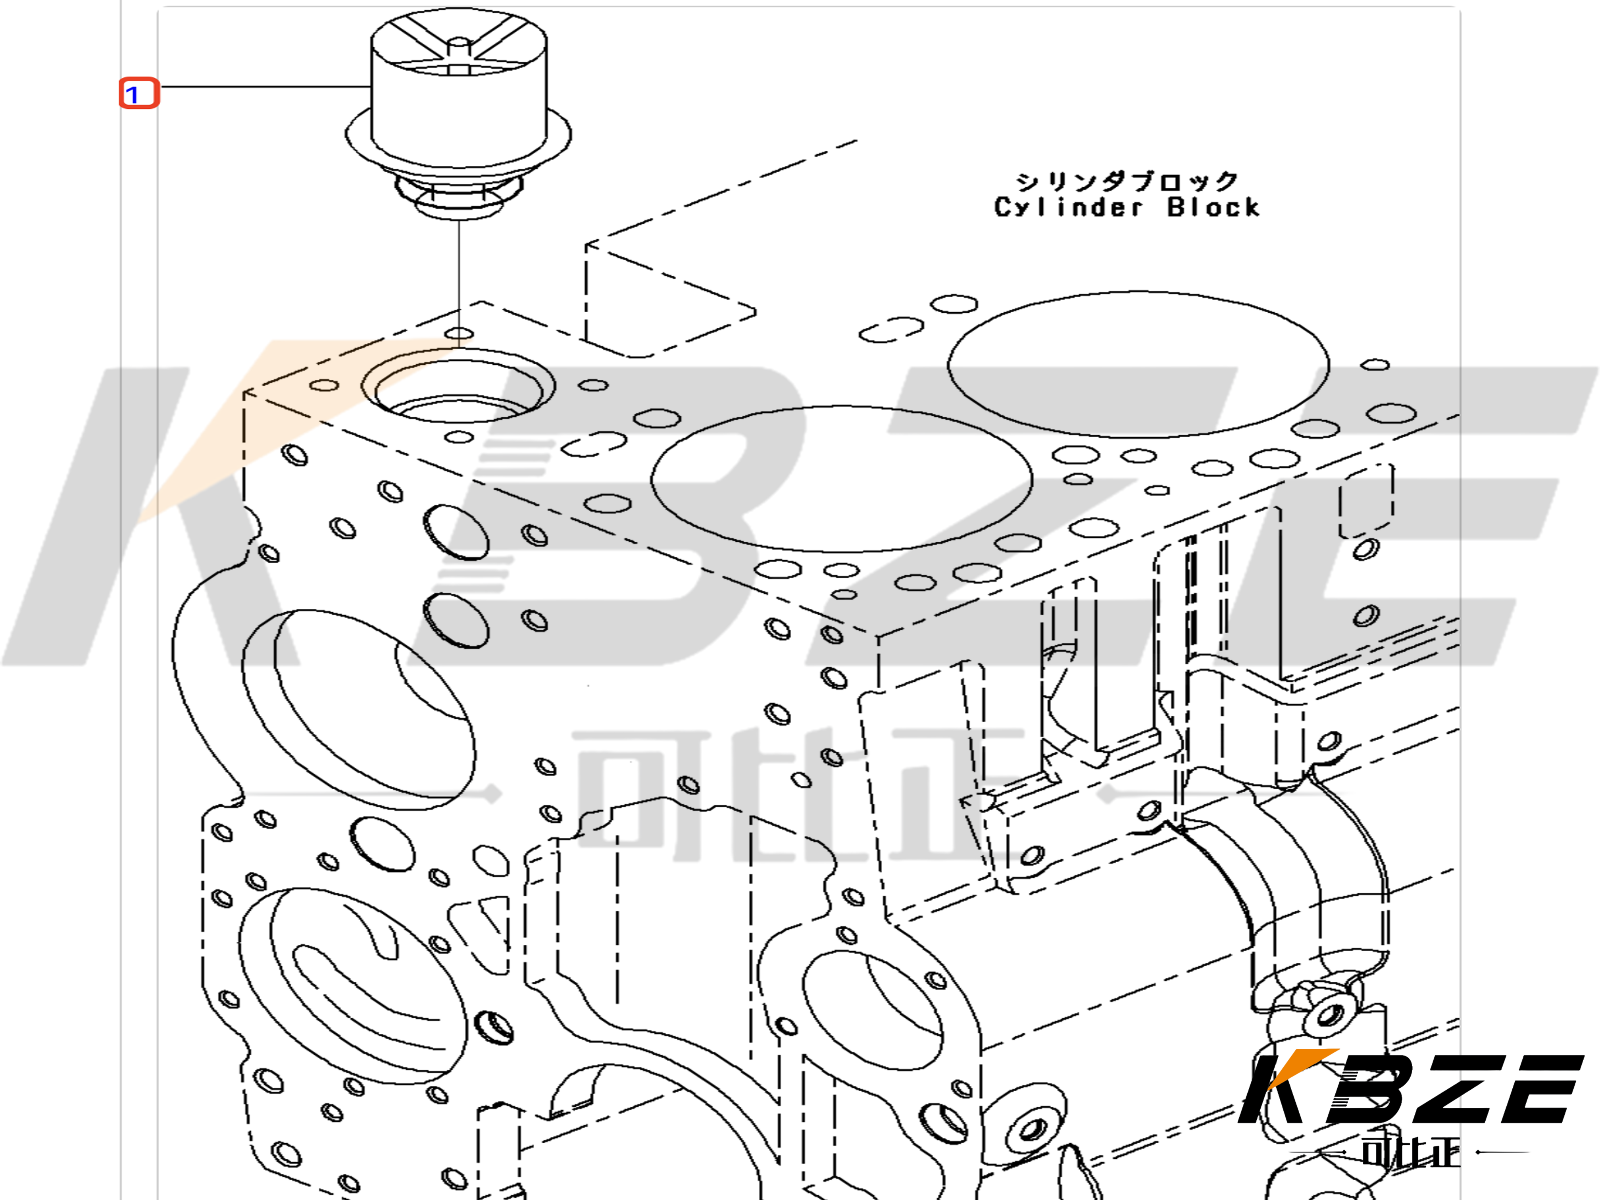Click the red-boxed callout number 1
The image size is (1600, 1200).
138,93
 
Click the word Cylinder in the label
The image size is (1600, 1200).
1067,208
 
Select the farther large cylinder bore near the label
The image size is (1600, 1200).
1138,364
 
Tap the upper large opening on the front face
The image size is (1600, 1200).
358,709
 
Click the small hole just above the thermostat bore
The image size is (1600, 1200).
459,333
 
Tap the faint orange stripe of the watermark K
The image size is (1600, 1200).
239,427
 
